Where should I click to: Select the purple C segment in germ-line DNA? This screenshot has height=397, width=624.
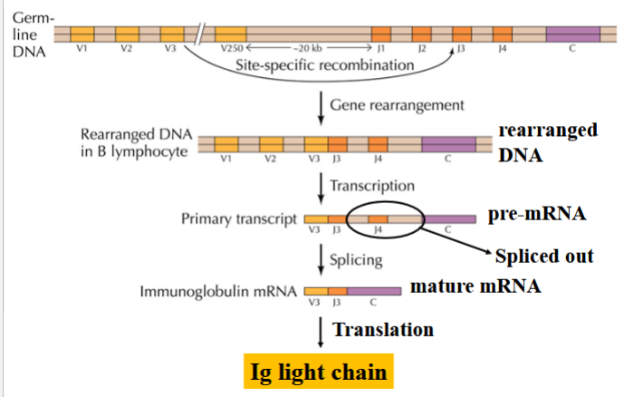click(571, 34)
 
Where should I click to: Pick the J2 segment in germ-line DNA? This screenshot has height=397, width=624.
click(421, 34)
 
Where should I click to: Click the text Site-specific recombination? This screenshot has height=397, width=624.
click(305, 66)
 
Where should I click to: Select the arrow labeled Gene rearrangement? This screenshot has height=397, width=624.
click(321, 107)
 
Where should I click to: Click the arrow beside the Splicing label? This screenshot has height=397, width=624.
click(321, 258)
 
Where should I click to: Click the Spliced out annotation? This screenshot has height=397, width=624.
click(542, 255)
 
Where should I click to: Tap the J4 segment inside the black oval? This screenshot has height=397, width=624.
click(379, 219)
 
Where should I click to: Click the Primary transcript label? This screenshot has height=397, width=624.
click(240, 219)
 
